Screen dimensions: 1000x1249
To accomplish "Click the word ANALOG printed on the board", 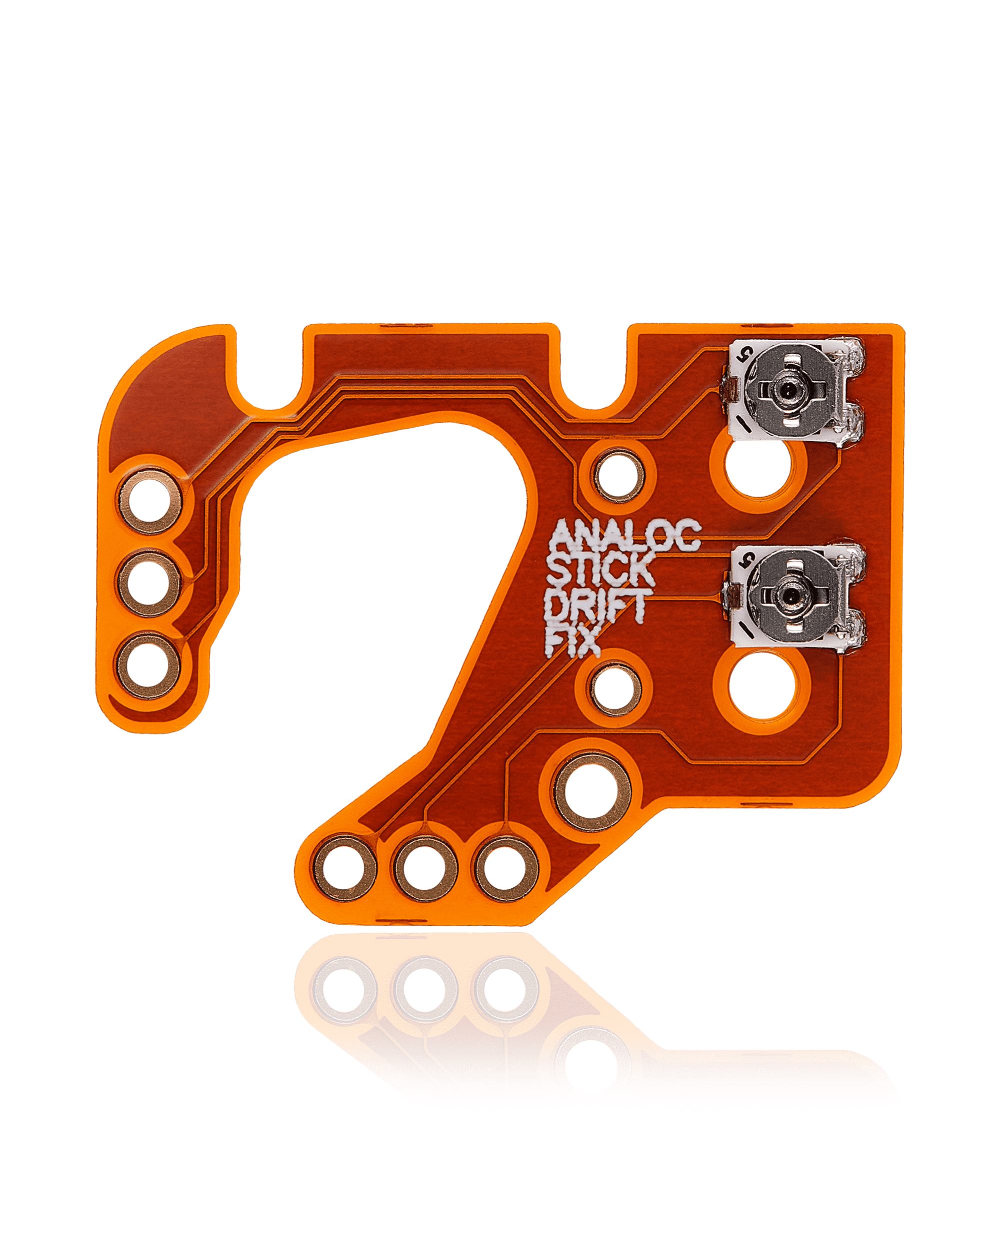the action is pos(625,535).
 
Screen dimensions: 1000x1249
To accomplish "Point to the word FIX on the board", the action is pos(571,640).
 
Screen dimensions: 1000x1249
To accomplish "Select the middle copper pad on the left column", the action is pos(149,584).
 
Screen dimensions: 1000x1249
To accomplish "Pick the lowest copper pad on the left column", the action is pos(149,665).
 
